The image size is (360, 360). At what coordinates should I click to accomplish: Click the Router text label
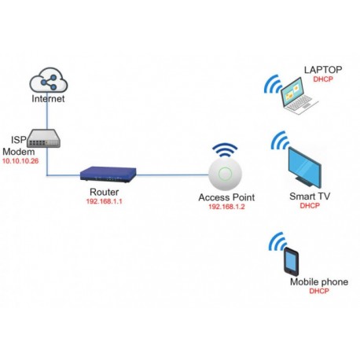tap(105, 191)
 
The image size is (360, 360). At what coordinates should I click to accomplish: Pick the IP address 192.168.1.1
tap(105, 201)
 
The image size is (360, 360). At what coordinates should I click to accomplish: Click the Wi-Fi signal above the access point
tap(227, 149)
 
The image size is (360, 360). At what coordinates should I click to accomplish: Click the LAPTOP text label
tap(323, 70)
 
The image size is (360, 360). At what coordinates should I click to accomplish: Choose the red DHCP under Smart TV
tap(309, 206)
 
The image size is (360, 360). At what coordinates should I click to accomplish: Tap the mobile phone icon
tap(292, 260)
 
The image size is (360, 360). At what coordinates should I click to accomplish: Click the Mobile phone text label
tap(318, 281)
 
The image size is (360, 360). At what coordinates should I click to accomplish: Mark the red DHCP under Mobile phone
tap(318, 292)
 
